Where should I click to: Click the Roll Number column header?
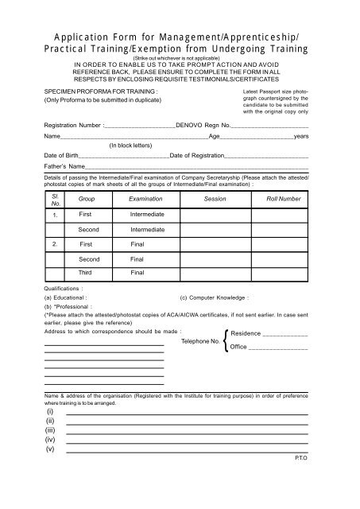[278, 197]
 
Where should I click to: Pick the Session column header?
[215, 197]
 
